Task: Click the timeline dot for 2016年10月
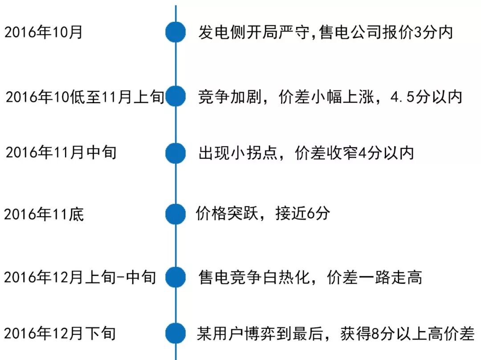pos(175,32)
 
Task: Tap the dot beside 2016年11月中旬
pos(175,153)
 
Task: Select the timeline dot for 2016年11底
pos(175,214)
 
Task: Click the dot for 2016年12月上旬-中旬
pos(175,277)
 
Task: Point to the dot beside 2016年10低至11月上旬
pos(175,97)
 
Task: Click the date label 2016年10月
pos(44,32)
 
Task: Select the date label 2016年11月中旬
pos(61,153)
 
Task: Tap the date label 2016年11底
pos(44,214)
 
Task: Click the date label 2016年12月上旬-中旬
pos(80,277)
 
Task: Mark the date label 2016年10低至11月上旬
pos(85,97)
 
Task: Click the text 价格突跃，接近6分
pos(263,214)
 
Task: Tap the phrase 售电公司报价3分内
pos(386,32)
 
